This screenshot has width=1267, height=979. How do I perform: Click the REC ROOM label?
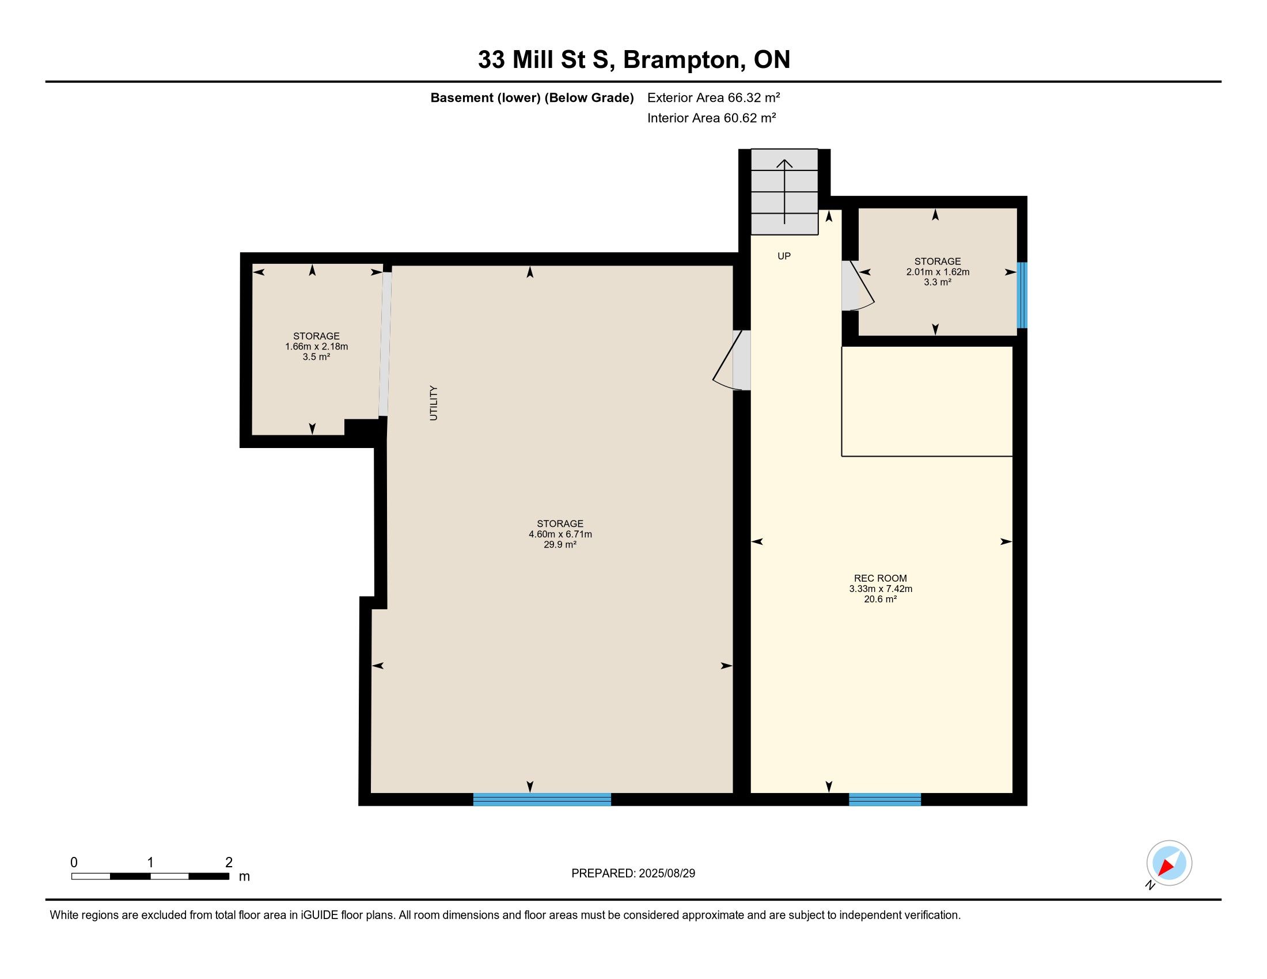coord(880,578)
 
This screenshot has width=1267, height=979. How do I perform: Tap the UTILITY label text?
coord(433,403)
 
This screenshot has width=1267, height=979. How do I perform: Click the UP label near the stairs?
coord(784,256)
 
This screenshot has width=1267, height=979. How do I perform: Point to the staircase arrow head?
coord(784,164)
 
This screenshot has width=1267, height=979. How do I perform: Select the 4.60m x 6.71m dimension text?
coord(560,534)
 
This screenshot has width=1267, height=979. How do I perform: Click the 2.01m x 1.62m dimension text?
coord(938,272)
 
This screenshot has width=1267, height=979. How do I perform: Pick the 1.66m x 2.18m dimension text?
coord(316,347)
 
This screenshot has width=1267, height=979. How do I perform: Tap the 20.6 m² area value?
coord(880,599)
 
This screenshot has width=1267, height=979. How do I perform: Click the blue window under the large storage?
coord(542,799)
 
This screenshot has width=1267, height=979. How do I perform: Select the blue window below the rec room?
coord(885,799)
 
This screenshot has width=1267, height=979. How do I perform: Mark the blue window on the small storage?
coord(1022,295)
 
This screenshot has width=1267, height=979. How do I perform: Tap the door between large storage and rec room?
coord(731,360)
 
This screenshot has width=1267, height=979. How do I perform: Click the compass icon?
coord(1169,863)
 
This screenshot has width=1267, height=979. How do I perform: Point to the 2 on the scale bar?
coord(229,863)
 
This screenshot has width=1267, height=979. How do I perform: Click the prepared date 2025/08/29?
coord(666,874)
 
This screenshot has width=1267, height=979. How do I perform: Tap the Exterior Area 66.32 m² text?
coord(714,97)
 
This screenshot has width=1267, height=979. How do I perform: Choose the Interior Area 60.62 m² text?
coord(712,117)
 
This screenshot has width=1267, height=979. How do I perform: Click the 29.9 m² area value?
coord(560,545)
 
